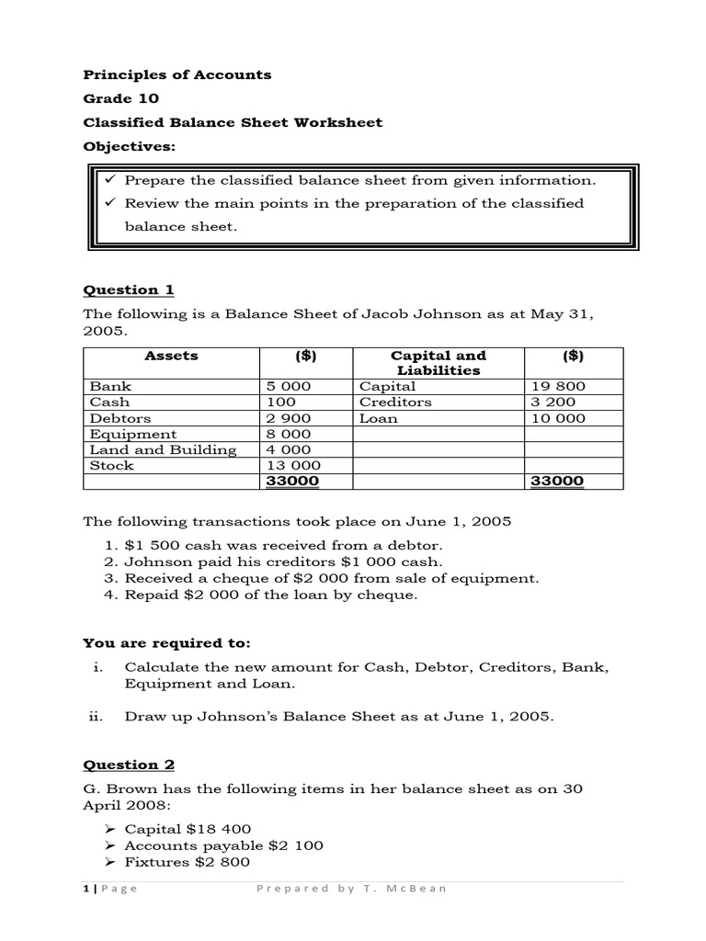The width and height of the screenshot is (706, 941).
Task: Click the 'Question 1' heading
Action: [128, 290]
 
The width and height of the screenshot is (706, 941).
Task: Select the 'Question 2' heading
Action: [128, 765]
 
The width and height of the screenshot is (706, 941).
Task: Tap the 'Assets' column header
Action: [171, 356]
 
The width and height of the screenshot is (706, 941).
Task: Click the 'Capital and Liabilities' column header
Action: [438, 363]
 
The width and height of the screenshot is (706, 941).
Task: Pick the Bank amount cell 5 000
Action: [288, 387]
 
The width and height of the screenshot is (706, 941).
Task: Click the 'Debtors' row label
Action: [116, 418]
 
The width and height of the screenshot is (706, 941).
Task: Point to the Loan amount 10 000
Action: [558, 418]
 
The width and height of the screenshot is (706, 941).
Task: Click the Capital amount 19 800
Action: [558, 387]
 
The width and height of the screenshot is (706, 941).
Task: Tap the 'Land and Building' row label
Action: [163, 450]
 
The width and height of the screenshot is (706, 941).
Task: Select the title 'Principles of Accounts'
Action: [177, 74]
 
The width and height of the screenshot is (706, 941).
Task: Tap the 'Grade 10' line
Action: [120, 98]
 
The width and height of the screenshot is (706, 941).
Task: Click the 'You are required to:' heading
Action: [166, 642]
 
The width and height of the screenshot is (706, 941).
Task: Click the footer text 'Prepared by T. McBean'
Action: [351, 889]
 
